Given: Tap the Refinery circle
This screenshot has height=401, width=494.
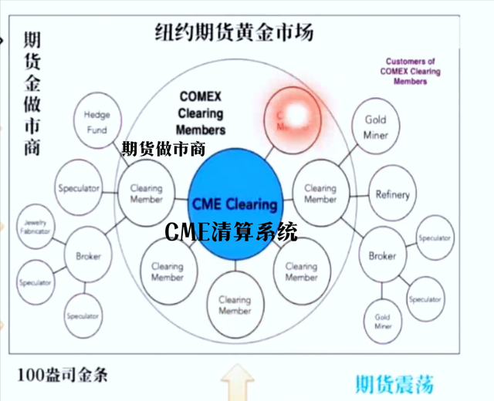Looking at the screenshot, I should tap(392, 194).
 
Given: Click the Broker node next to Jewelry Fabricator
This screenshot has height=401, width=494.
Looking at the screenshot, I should tap(88, 256).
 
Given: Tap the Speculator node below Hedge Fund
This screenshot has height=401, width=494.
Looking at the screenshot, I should tap(79, 188).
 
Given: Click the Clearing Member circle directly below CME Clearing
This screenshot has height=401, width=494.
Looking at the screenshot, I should tap(235, 305).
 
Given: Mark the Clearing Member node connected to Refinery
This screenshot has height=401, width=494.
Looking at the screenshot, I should tap(320, 193).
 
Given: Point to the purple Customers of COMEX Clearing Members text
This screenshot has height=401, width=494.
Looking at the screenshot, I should tap(410, 71).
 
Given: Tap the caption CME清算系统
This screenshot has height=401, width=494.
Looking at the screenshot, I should tap(231, 231).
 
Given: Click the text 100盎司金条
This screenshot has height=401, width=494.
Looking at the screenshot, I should tap(63, 376).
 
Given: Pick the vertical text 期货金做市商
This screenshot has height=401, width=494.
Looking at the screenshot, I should tap(32, 93).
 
